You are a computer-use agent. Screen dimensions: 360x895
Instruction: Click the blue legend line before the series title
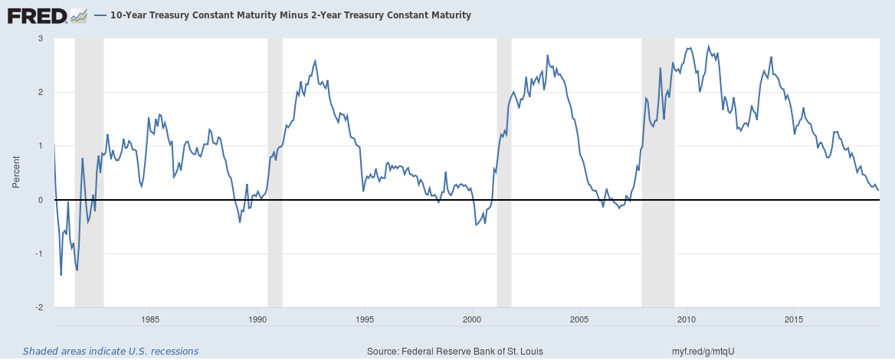coord(101,15)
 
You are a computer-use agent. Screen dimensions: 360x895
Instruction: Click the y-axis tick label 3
coord(41,38)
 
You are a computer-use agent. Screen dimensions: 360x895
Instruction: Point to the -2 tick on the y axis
coord(38,307)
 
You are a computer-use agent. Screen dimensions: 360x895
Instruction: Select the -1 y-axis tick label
coord(38,254)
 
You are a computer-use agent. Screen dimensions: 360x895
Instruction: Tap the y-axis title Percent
coord(15,172)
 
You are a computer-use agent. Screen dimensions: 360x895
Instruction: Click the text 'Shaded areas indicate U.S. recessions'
coord(110,351)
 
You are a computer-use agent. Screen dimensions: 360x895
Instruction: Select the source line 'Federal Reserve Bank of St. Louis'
coord(455,351)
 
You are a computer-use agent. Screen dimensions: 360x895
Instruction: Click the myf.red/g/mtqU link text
coord(703,351)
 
